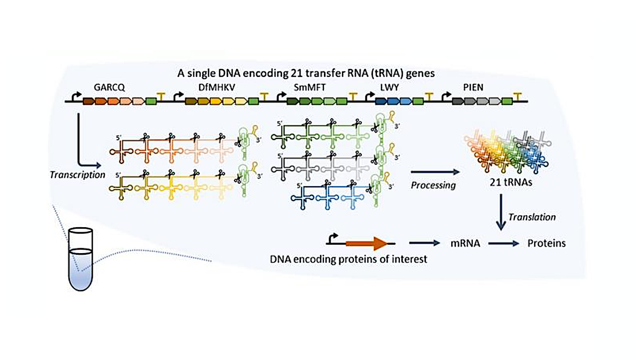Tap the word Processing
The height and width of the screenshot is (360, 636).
433,185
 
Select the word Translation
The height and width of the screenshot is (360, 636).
532,217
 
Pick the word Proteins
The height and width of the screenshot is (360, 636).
547,244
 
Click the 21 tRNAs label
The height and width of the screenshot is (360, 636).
509,182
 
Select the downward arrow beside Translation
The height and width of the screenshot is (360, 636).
501,212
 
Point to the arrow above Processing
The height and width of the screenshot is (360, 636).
433,172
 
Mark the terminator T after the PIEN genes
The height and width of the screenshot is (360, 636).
519,95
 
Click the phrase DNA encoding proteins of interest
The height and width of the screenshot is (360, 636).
348,260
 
